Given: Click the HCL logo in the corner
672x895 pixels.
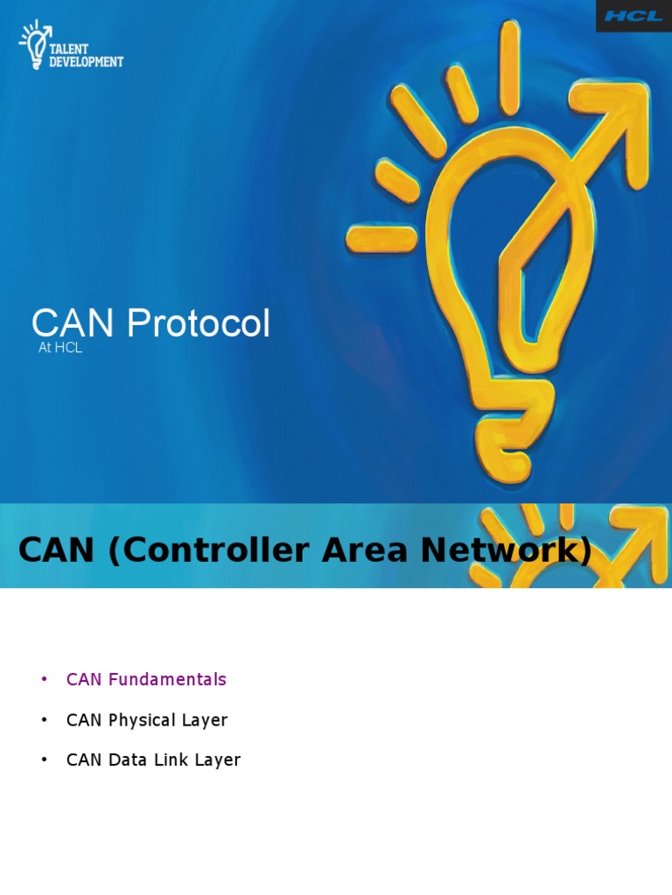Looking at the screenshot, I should [633, 16].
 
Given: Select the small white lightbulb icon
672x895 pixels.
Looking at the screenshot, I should [36, 45].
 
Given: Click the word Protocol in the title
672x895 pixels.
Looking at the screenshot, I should [198, 324].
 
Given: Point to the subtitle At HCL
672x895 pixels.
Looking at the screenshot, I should [60, 348].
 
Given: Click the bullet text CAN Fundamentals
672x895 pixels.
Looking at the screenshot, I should [146, 679].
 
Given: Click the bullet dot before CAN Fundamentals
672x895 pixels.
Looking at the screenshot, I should [44, 680].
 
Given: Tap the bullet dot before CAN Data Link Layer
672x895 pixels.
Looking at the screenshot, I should [44, 760].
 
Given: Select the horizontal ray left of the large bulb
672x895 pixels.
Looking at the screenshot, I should [381, 236].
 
